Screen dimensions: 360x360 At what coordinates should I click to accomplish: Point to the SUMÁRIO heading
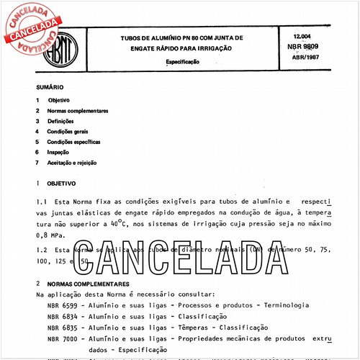tap(48, 87)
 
